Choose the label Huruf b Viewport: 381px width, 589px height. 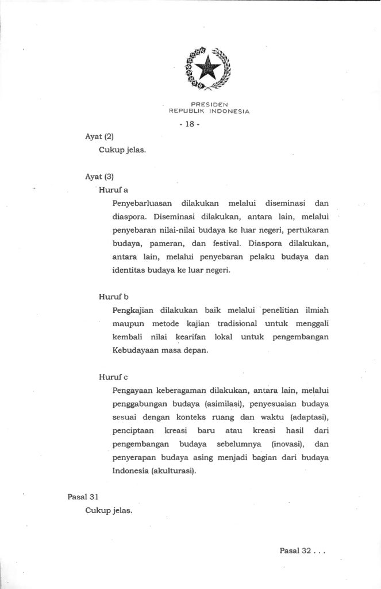113,296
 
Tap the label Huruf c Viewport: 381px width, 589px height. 113,377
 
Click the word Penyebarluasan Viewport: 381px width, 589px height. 142,203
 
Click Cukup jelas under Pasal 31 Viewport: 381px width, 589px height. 109,510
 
